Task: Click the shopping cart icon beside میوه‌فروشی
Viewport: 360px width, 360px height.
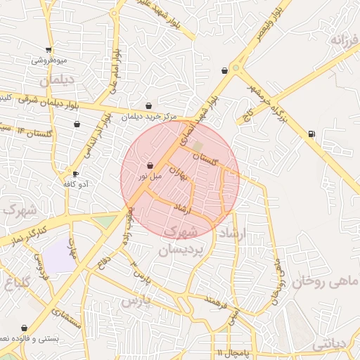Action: pyautogui.click(x=48, y=50)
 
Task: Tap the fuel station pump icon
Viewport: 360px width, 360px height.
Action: pyautogui.click(x=311, y=134)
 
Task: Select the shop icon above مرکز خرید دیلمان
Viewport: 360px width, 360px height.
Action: pyautogui.click(x=148, y=106)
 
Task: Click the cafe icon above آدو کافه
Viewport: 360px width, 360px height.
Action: pyautogui.click(x=75, y=174)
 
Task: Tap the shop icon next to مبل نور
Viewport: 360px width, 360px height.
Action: pyautogui.click(x=150, y=166)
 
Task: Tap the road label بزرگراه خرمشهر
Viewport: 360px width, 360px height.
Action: pyautogui.click(x=269, y=95)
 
